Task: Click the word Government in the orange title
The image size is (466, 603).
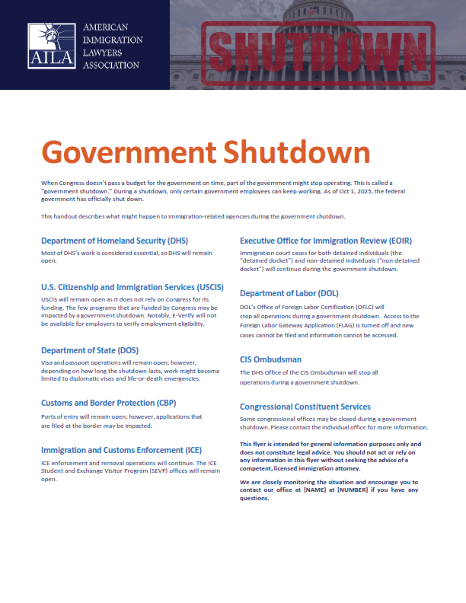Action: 130,152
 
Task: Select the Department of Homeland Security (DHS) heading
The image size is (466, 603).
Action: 114,241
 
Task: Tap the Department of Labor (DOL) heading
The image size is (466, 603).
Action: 289,293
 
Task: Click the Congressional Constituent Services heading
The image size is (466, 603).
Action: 305,407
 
